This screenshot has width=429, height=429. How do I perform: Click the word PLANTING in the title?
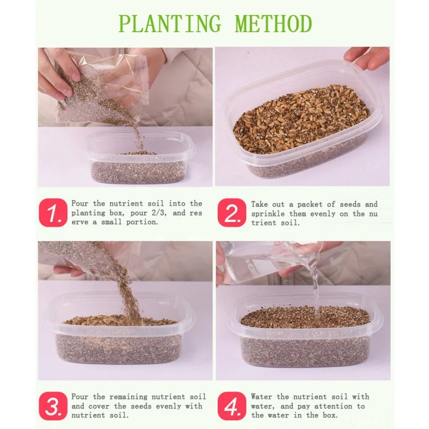click(169, 24)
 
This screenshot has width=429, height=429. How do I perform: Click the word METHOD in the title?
click(273, 24)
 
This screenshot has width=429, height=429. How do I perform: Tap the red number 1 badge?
click(53, 212)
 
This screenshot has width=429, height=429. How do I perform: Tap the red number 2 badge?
click(232, 212)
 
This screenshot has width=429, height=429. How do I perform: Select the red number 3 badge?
click(53, 406)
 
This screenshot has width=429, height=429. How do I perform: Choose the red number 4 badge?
click(232, 406)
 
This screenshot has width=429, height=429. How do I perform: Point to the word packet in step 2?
click(309, 205)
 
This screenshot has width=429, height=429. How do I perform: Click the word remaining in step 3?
click(128, 397)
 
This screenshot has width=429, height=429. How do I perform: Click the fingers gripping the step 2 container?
click(367, 58)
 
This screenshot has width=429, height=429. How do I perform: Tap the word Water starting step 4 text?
click(261, 397)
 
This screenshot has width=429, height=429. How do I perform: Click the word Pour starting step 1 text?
click(80, 204)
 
